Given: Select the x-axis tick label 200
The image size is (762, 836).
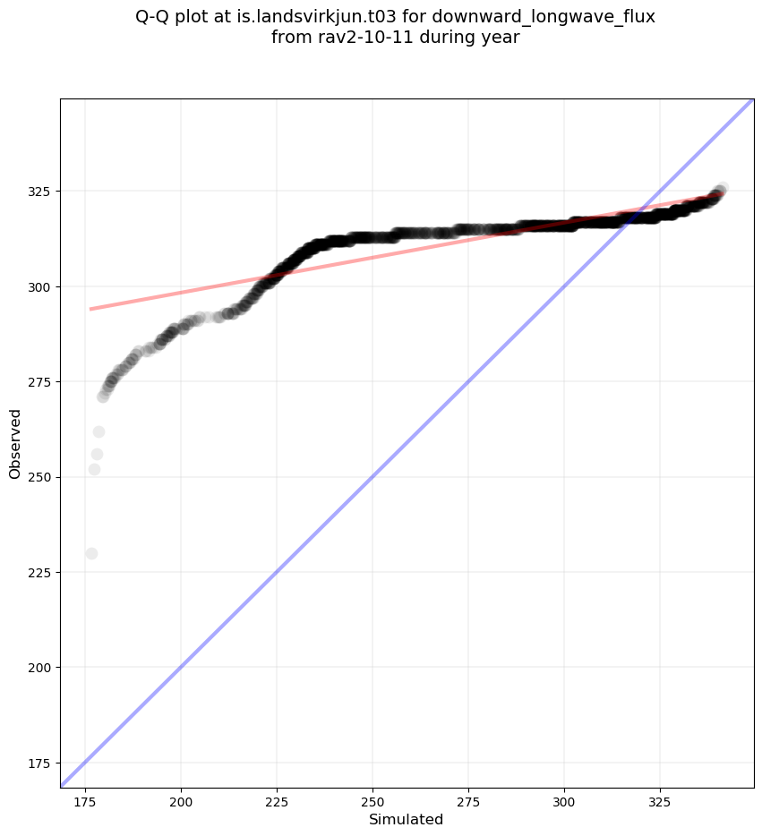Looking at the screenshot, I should click(x=181, y=799).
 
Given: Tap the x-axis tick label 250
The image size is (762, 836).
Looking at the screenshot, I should click(x=372, y=799).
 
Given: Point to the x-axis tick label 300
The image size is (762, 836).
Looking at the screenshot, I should click(x=564, y=799).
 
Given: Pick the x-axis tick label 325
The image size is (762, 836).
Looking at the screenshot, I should click(x=660, y=799).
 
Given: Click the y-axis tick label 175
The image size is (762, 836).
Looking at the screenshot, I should click(x=38, y=763).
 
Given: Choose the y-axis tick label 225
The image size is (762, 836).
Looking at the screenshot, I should click(x=38, y=572).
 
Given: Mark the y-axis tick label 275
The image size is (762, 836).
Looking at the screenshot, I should click(x=38, y=382).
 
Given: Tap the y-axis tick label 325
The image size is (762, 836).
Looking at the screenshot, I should click(x=38, y=192).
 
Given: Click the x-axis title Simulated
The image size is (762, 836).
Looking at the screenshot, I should click(x=407, y=819).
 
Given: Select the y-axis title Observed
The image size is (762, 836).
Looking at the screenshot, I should click(x=15, y=443).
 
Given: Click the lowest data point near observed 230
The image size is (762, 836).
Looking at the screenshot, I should click(x=91, y=553).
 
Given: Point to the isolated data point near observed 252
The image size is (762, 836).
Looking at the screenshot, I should click(x=94, y=469).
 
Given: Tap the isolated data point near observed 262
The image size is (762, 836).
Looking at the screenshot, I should click(x=98, y=432).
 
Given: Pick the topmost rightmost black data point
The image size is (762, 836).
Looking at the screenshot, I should click(x=722, y=188).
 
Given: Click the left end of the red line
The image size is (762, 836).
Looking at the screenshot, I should click(x=90, y=309).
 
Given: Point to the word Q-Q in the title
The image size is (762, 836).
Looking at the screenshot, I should click(x=154, y=18).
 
